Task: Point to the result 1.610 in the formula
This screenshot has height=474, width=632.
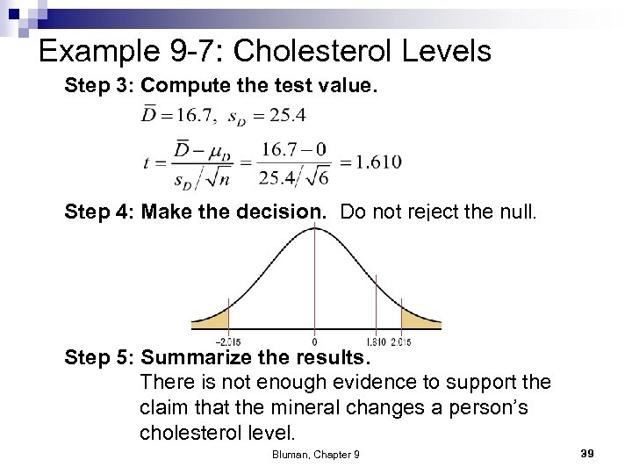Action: tap(370, 162)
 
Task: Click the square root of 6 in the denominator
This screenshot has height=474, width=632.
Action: tap(318, 176)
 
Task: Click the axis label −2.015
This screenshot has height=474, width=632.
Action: tap(228, 341)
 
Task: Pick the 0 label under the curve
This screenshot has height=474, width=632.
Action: tap(315, 341)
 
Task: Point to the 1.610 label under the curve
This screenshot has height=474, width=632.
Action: tap(375, 341)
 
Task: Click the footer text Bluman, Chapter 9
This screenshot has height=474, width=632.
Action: tap(315, 453)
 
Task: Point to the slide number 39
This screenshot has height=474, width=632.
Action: tap(587, 452)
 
